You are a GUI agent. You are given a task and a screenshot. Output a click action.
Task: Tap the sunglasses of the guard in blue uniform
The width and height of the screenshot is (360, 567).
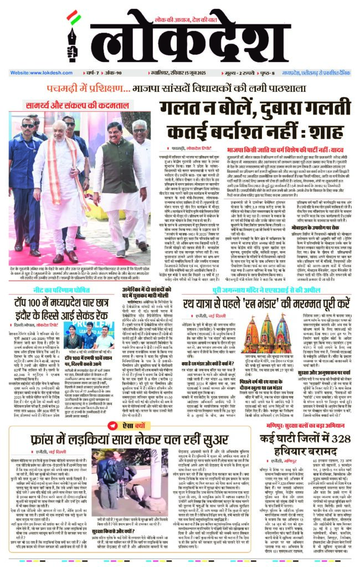tap(27, 126)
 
